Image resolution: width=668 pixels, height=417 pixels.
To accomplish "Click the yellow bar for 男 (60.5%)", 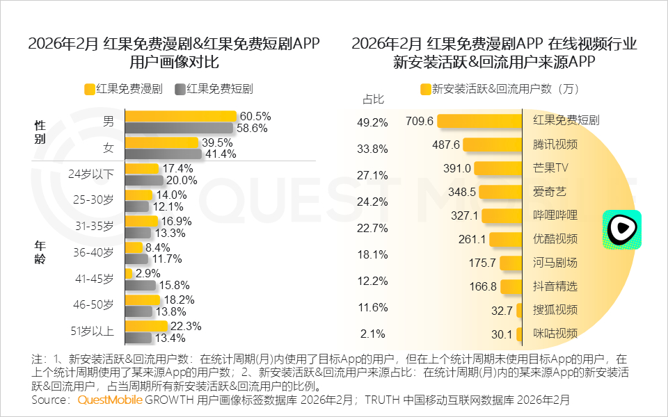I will [x=181, y=117].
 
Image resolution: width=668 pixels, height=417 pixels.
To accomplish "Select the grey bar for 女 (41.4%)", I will [x=163, y=154].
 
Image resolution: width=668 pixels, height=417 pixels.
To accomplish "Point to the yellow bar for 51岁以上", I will [x=146, y=327].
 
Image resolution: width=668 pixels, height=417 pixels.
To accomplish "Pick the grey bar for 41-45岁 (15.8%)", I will [x=140, y=285].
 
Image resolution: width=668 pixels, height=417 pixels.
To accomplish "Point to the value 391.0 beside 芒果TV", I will [x=457, y=168].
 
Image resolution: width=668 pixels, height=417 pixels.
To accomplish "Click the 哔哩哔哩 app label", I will [x=555, y=215].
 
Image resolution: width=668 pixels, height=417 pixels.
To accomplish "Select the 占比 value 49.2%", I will [x=372, y=122].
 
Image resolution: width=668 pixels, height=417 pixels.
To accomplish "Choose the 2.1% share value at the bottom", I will [x=372, y=334].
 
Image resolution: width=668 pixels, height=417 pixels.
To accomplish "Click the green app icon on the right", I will [x=621, y=230].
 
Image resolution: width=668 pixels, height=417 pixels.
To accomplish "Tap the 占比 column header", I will [x=374, y=99].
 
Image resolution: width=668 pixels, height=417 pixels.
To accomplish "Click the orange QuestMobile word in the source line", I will [x=110, y=400].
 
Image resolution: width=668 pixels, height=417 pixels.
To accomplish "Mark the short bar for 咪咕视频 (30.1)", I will [x=519, y=334].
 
